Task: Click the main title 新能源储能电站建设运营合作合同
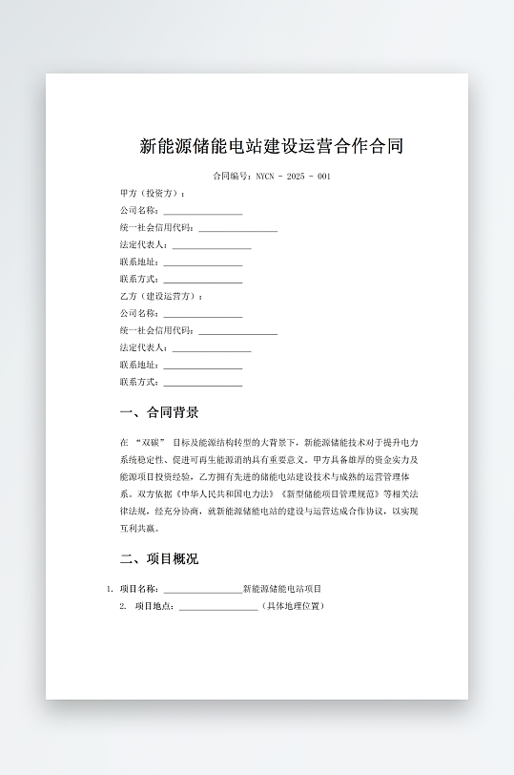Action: pyautogui.click(x=271, y=146)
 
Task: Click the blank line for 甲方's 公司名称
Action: pyautogui.click(x=202, y=211)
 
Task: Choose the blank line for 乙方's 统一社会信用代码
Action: pyautogui.click(x=237, y=331)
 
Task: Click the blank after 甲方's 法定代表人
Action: pyautogui.click(x=211, y=245)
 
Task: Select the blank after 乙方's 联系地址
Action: pyautogui.click(x=202, y=366)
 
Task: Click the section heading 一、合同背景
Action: pyautogui.click(x=159, y=412)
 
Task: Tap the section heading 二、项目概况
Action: pyautogui.click(x=159, y=558)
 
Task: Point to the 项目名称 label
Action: pyautogui.click(x=139, y=589)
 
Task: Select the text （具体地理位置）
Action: pyautogui.click(x=293, y=606)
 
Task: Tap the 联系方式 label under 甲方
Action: pyautogui.click(x=139, y=280)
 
